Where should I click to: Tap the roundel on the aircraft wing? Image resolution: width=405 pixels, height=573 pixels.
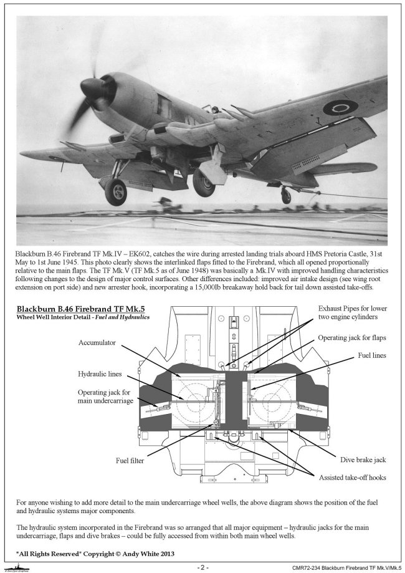click(x=340, y=107)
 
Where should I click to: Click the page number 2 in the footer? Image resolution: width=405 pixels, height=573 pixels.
click(x=202, y=567)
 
